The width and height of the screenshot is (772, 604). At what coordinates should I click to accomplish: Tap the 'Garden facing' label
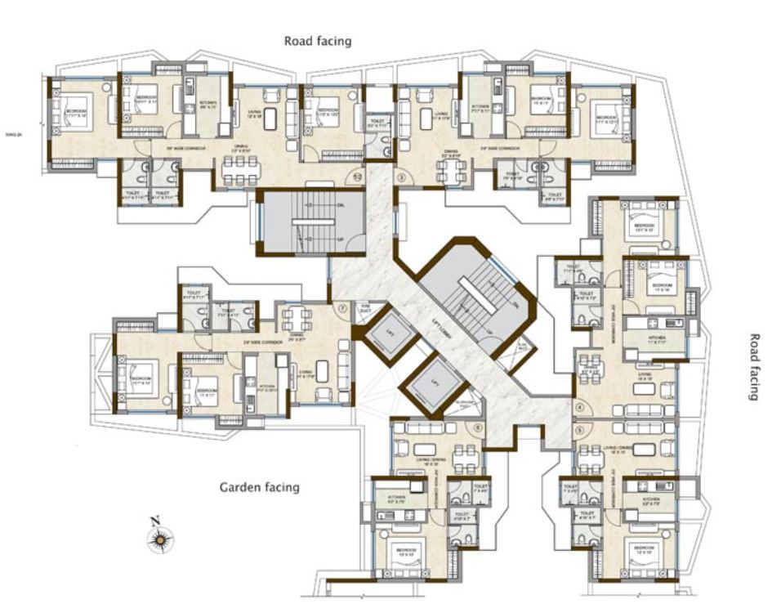tap(259, 487)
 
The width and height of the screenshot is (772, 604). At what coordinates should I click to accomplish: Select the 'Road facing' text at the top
tap(317, 40)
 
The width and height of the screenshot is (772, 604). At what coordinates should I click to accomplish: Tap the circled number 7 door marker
tap(343, 310)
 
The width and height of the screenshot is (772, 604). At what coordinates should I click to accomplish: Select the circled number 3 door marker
tap(401, 176)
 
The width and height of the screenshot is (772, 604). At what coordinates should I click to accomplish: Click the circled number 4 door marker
tap(581, 407)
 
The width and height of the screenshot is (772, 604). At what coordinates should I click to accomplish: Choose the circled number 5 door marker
tap(581, 428)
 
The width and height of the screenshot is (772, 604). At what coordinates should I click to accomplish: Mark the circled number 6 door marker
tap(479, 427)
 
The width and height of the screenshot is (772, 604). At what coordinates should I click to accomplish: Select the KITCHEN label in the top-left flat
tap(208, 105)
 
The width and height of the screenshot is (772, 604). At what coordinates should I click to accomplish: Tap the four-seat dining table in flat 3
tap(452, 171)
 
